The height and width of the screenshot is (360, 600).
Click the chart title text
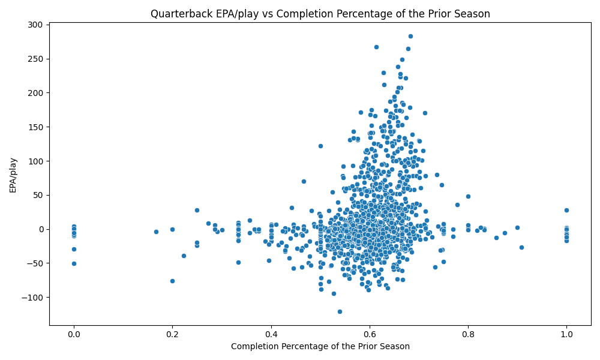320,14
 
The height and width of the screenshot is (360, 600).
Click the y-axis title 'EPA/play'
13,175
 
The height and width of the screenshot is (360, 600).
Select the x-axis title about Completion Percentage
320,346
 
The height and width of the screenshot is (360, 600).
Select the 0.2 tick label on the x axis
172,334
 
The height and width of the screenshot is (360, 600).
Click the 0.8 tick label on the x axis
468,334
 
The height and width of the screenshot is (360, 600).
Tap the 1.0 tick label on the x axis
566,334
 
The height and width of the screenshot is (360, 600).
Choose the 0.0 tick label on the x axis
74,334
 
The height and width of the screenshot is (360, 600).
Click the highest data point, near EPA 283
410,36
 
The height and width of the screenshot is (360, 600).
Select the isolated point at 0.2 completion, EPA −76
172,281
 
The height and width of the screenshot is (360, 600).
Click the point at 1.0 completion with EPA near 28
566,210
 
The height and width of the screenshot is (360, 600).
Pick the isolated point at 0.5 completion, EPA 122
320,146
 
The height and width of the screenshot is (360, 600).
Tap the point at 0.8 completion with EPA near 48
468,196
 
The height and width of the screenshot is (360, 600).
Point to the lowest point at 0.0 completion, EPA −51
74,263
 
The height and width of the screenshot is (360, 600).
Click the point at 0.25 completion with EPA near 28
197,210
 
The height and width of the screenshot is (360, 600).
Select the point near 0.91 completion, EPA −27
521,247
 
